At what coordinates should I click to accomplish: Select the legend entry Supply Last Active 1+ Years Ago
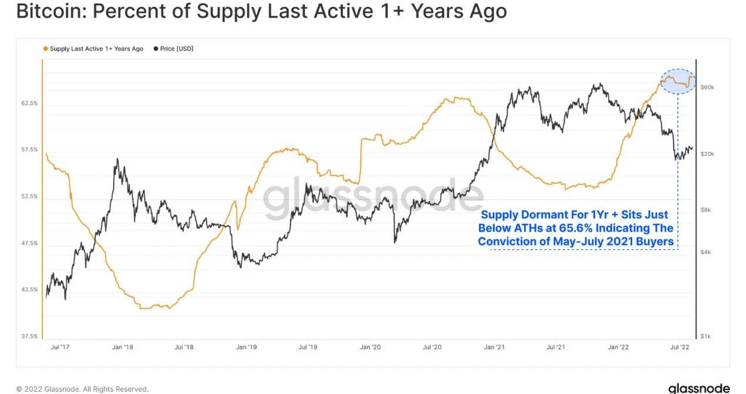click(93, 49)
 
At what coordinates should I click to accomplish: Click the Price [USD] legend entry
click(173, 49)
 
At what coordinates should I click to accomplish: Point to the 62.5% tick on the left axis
click(29, 103)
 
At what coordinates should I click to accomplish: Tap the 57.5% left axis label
click(29, 150)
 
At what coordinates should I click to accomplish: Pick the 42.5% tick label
click(29, 290)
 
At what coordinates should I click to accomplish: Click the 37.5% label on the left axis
click(29, 337)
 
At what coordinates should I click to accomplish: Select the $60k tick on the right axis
click(708, 87)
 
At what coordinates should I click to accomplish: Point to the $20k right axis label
click(708, 154)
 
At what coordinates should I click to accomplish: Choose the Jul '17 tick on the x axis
click(60, 348)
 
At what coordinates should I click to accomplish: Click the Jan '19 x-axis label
click(247, 348)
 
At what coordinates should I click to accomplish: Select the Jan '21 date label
click(494, 348)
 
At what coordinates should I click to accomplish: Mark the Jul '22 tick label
click(680, 348)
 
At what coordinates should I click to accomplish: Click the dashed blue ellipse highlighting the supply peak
click(679, 81)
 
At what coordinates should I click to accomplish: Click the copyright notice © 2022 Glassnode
click(82, 389)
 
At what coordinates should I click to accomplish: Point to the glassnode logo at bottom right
click(698, 388)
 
